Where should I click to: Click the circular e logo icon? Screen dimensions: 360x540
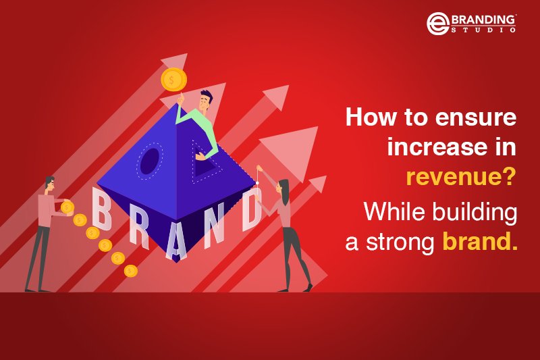[437, 24]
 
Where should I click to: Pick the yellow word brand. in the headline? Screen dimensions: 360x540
[480, 242]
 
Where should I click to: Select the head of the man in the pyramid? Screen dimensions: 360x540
[205, 102]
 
